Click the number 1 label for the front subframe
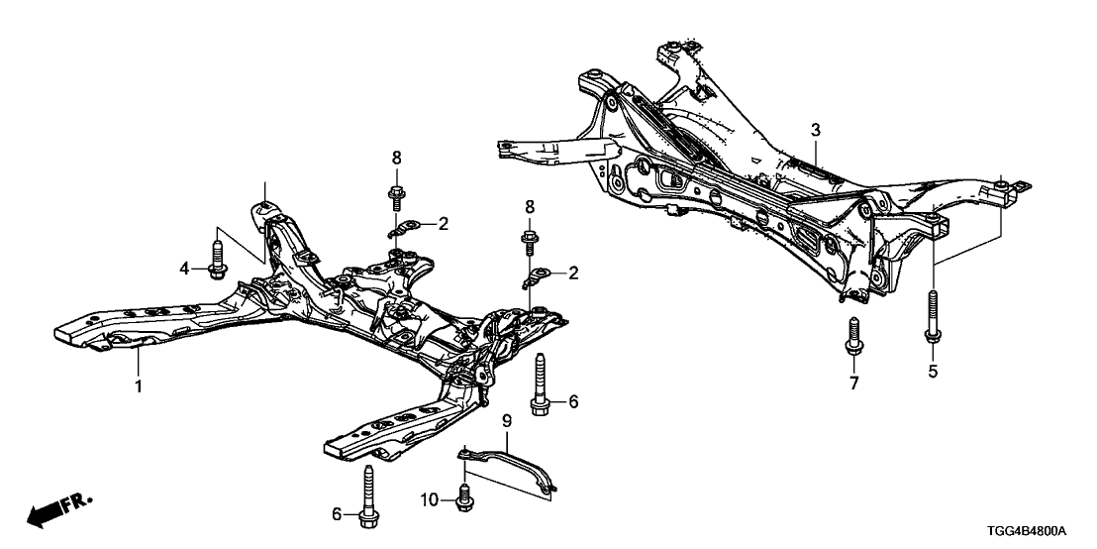click(139, 385)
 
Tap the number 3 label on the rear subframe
click(815, 130)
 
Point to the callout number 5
click(931, 373)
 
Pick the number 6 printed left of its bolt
click(338, 513)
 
